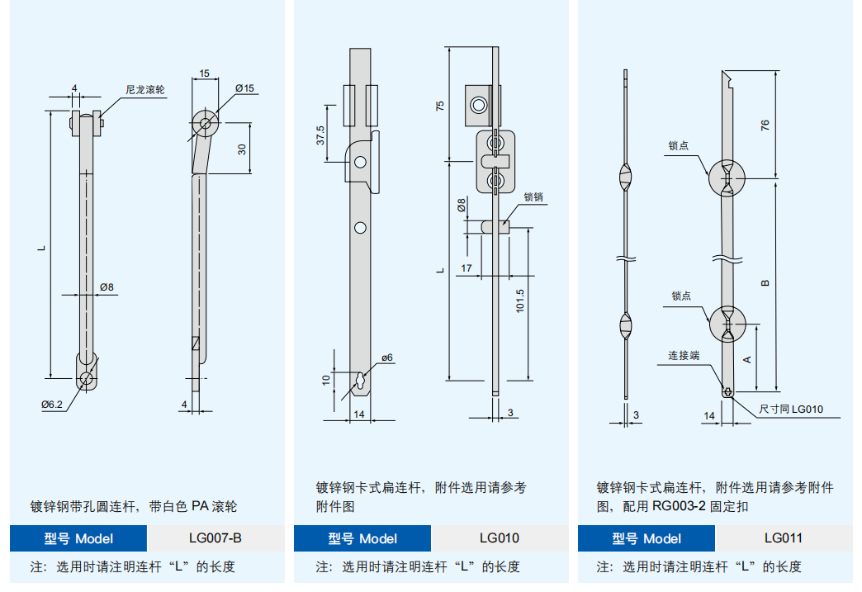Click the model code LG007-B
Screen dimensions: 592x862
coord(215,538)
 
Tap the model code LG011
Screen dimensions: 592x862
coord(783,538)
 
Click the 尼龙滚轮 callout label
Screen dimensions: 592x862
coord(145,89)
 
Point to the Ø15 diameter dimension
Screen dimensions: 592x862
coord(244,88)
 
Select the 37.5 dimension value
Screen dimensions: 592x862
coord(321,135)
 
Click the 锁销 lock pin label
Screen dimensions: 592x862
coord(533,197)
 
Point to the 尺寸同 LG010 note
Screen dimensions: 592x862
coord(791,409)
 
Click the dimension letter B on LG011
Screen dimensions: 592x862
coord(765,282)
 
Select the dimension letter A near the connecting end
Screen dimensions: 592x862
coord(747,359)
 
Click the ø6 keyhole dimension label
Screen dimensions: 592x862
coord(387,358)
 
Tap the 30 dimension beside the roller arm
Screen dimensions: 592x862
coord(242,149)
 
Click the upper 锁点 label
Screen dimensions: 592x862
coord(679,146)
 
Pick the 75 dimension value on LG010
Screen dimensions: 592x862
coord(440,106)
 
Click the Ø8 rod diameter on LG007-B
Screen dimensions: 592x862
coord(107,287)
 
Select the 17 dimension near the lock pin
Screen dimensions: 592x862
coord(467,268)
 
